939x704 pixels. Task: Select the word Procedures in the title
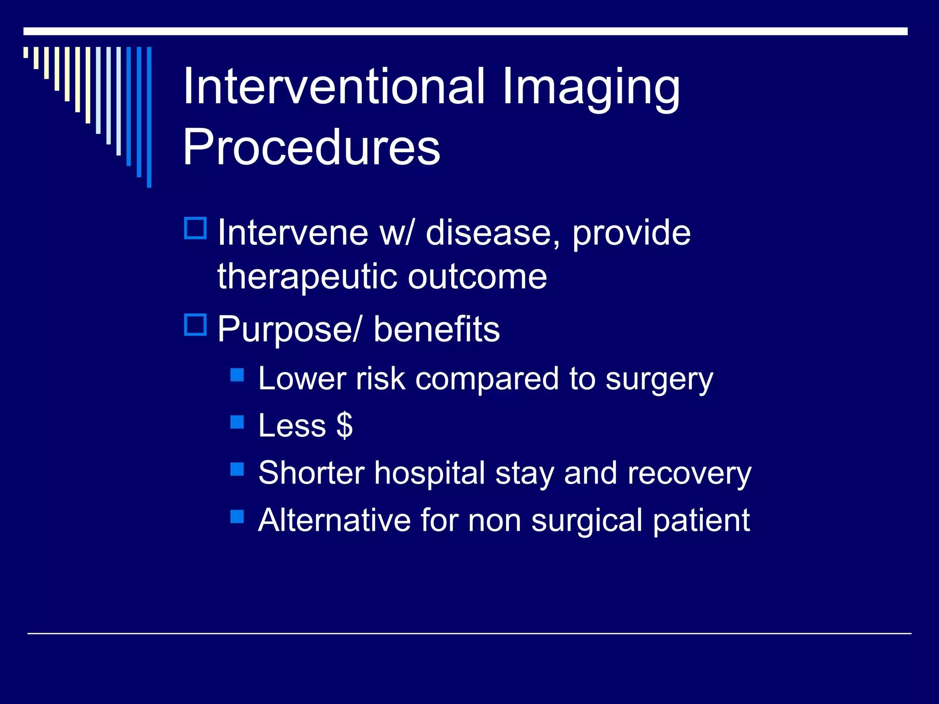(x=311, y=147)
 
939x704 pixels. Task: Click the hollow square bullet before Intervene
(x=196, y=228)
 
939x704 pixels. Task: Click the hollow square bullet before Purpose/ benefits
(x=196, y=324)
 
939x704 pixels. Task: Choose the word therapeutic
(x=308, y=277)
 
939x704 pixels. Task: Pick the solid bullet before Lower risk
(x=237, y=375)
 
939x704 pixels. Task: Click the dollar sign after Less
(x=344, y=426)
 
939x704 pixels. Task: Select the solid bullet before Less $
(x=237, y=422)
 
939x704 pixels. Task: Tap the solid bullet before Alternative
(x=237, y=517)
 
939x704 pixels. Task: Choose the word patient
(x=701, y=521)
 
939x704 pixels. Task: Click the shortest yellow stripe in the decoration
(x=26, y=52)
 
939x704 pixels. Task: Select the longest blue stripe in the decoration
(x=149, y=117)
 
